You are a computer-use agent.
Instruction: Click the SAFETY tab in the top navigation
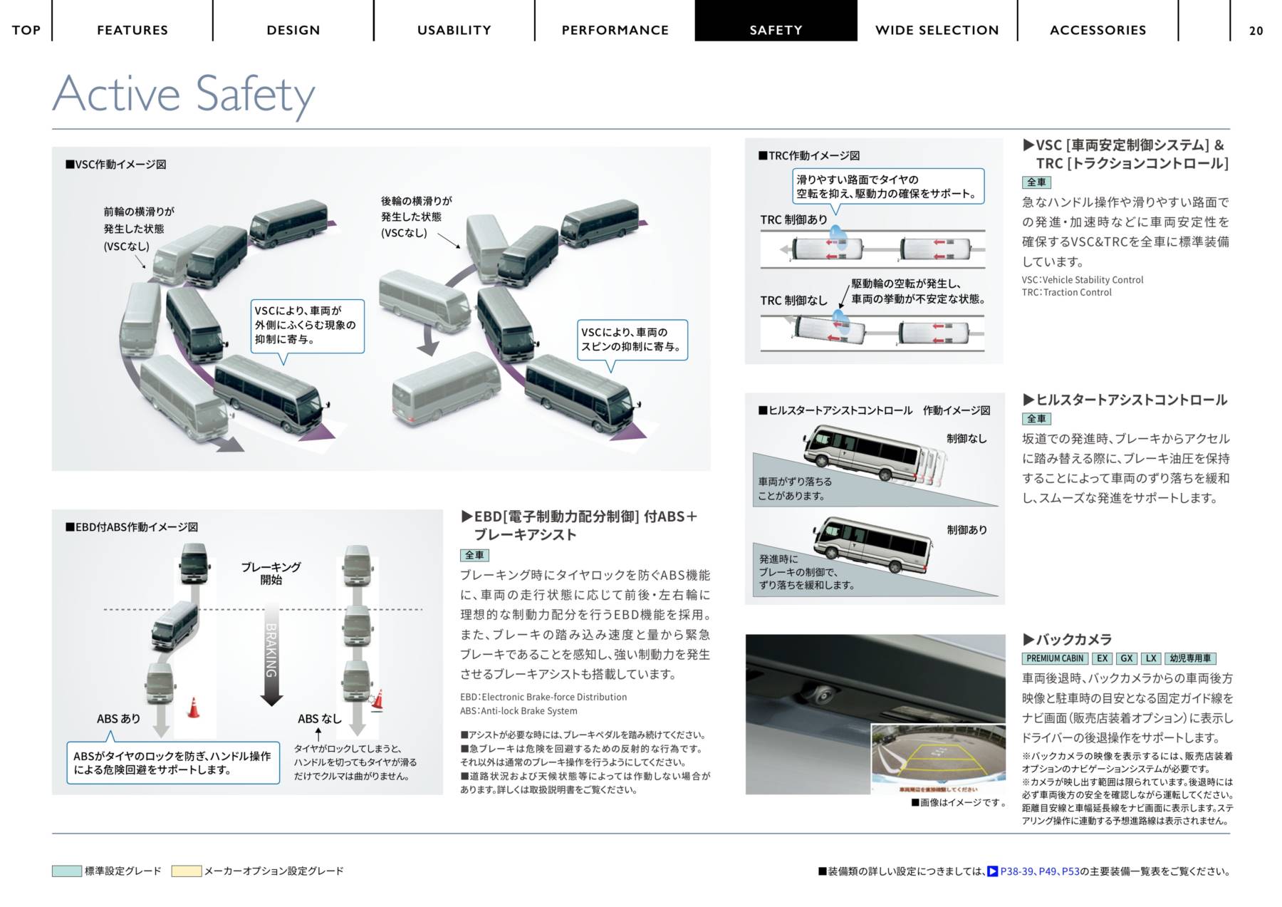(776, 30)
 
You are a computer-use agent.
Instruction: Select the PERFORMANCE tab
(615, 30)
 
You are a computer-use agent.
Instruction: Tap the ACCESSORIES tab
(1098, 30)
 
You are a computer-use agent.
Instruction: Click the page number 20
(1256, 31)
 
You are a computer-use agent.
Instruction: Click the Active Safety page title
(184, 94)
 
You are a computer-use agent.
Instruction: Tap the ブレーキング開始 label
(271, 574)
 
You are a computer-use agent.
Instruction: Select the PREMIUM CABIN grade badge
(1055, 658)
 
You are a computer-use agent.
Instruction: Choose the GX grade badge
(1126, 658)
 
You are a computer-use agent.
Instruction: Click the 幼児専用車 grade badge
(1190, 658)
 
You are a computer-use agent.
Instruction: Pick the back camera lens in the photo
(824, 694)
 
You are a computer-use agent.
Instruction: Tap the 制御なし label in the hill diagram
(966, 439)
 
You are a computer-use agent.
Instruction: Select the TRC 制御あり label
(793, 220)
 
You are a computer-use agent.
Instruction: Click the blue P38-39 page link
(1016, 871)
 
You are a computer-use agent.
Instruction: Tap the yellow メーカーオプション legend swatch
(187, 871)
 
